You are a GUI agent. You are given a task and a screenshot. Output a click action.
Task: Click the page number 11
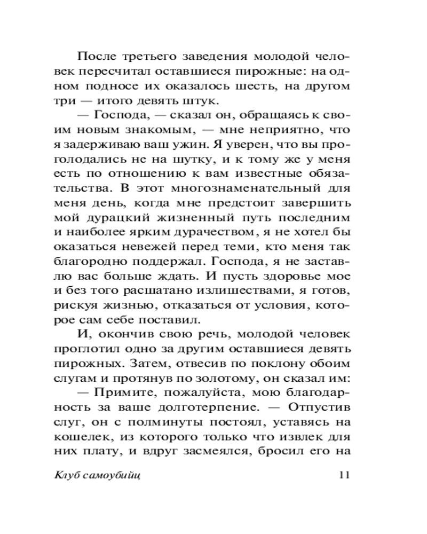click(343, 476)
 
